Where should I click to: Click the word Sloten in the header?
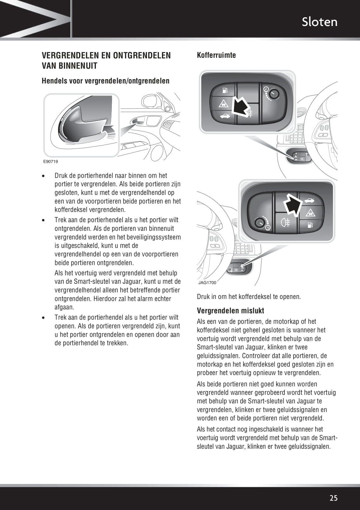319,22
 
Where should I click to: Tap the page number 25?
333,498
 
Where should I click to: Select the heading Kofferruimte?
216,55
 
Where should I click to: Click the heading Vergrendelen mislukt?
230,311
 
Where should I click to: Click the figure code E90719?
50,162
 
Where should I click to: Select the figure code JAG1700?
207,282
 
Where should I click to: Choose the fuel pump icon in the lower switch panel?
310,225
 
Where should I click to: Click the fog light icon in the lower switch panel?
286,223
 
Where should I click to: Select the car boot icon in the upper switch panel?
224,116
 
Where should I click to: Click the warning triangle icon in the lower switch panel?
310,213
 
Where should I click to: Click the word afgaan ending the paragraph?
64,307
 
